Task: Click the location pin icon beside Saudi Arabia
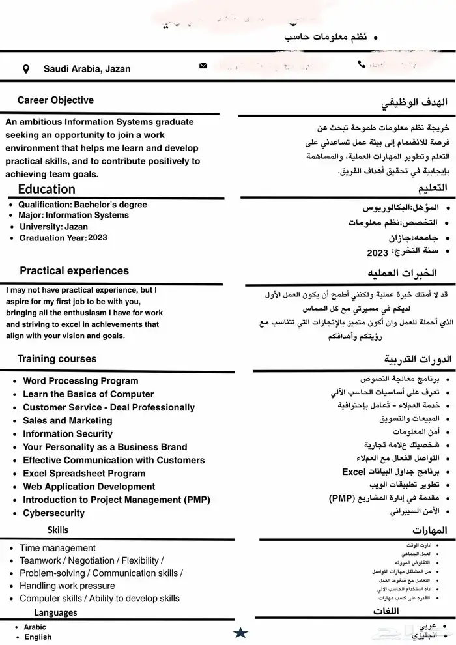pyautogui.click(x=26, y=69)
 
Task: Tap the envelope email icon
pyautogui.click(x=203, y=66)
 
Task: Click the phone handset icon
pyautogui.click(x=362, y=64)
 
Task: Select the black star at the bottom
pyautogui.click(x=240, y=632)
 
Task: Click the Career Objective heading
pyautogui.click(x=55, y=100)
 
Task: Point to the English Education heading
pyautogui.click(x=47, y=189)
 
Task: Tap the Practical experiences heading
pyautogui.click(x=74, y=270)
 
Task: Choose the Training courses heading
pyautogui.click(x=57, y=359)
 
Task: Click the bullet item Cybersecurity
pyautogui.click(x=53, y=513)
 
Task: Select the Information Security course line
pyautogui.click(x=68, y=433)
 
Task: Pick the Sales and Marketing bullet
pyautogui.click(x=68, y=420)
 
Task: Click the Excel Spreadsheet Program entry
pyautogui.click(x=84, y=473)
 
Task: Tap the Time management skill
pyautogui.click(x=57, y=548)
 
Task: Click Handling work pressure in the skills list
pyautogui.click(x=67, y=586)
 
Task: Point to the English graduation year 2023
pyautogui.click(x=97, y=238)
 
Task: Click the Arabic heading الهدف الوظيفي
pyautogui.click(x=408, y=104)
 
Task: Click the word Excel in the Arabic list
pyautogui.click(x=353, y=472)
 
